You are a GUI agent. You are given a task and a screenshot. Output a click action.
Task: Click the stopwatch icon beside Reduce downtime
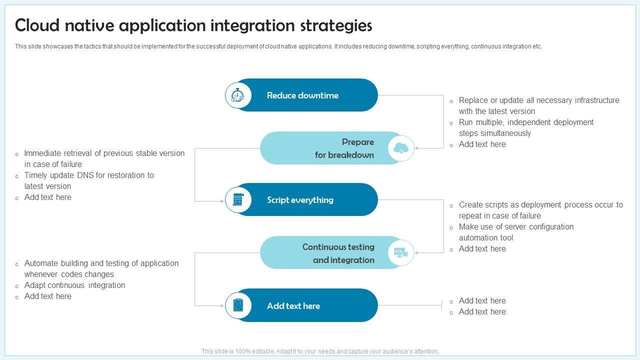click(x=238, y=95)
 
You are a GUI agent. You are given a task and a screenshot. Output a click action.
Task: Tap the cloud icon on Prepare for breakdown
click(x=401, y=148)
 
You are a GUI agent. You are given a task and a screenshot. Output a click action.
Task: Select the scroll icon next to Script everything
click(x=238, y=199)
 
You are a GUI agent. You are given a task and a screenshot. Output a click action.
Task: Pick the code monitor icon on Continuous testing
click(x=401, y=252)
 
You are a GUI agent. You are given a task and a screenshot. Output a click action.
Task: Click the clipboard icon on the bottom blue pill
click(x=238, y=305)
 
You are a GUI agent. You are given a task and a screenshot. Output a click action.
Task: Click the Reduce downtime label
click(x=302, y=95)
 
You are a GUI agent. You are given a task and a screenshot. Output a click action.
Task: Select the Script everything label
click(x=300, y=200)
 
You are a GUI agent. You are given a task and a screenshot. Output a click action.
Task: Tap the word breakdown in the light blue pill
click(x=351, y=155)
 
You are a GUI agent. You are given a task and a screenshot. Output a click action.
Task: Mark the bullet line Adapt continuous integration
click(x=74, y=285)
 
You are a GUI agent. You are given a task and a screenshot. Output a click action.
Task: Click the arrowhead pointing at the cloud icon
click(x=416, y=148)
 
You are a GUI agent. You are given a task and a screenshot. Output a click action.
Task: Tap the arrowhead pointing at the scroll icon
click(x=222, y=201)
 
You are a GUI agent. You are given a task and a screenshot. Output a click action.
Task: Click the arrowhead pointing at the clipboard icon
click(x=222, y=305)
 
